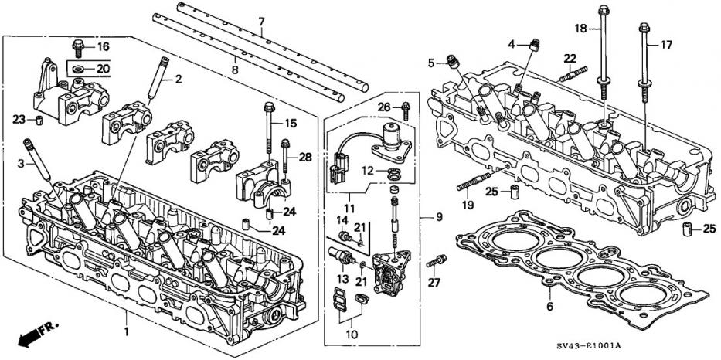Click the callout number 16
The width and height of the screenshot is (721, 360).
tap(103, 47)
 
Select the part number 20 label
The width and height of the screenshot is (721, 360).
tap(102, 70)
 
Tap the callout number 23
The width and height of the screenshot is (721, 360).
tap(19, 118)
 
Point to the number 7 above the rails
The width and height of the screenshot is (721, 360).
tap(260, 20)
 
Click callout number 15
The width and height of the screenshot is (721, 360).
tap(291, 124)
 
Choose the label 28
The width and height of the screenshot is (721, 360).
tap(305, 158)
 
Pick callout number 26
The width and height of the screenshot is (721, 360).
tap(384, 106)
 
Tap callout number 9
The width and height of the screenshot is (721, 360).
tap(439, 218)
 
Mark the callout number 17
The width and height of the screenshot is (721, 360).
tap(665, 45)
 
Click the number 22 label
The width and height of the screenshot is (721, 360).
tap(570, 59)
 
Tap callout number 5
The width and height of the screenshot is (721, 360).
tap(432, 63)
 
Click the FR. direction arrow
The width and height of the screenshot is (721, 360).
tap(36, 333)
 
